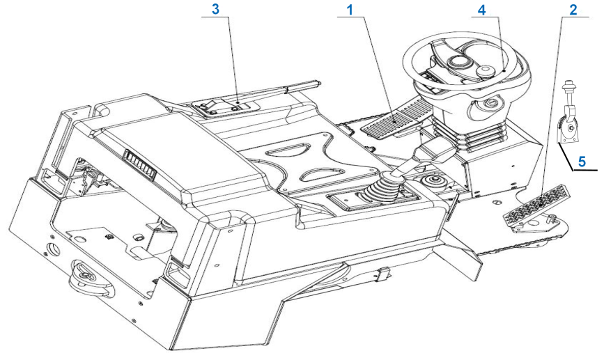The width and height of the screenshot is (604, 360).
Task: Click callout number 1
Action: pyautogui.click(x=350, y=10)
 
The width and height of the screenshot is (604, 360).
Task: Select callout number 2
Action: pyautogui.click(x=573, y=10)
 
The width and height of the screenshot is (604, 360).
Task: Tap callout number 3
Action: pyautogui.click(x=215, y=9)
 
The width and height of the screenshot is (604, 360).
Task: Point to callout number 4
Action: pyautogui.click(x=482, y=10)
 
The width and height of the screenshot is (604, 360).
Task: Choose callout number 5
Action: pyautogui.click(x=582, y=162)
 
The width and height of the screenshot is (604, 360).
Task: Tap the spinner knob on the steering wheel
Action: pyautogui.click(x=485, y=72)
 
